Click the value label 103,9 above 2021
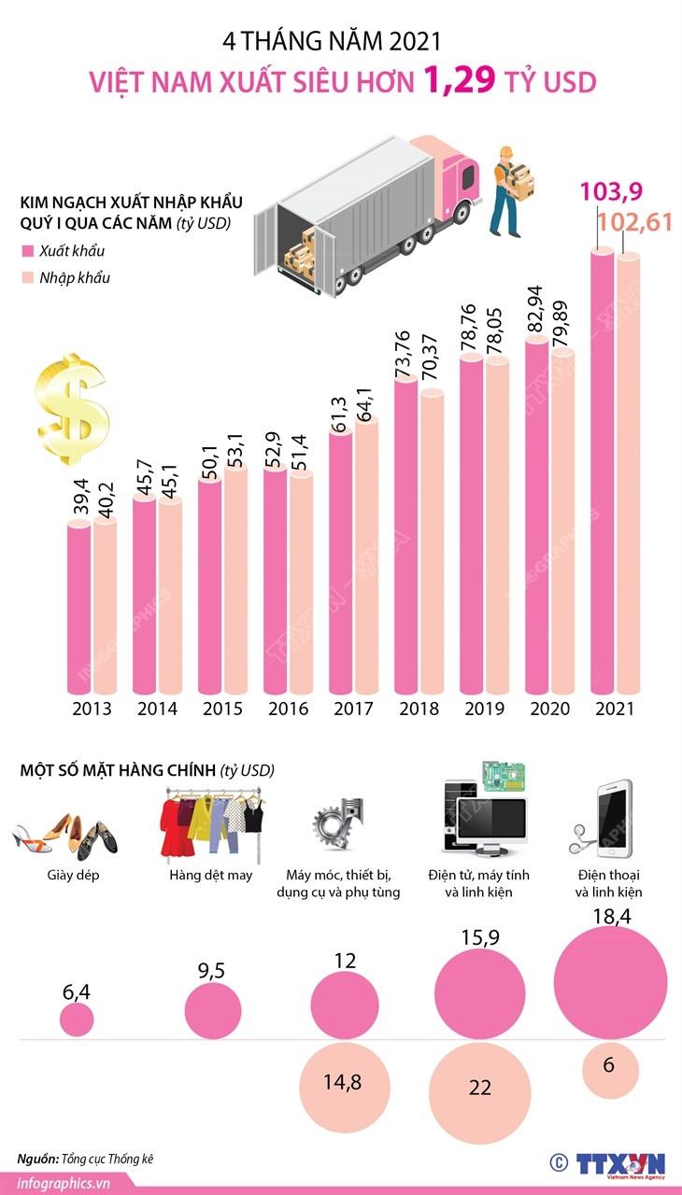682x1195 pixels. [611, 192]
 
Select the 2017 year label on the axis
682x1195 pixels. [352, 709]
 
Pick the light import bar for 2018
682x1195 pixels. [431, 541]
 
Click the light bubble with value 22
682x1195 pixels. [480, 1089]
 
